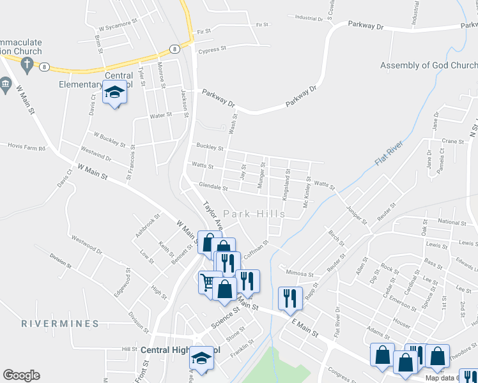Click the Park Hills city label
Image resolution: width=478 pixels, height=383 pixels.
(252, 213)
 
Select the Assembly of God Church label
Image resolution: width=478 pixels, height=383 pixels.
(429, 66)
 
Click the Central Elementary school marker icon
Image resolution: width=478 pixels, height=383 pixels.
(115, 93)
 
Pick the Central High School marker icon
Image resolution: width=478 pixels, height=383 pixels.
(201, 358)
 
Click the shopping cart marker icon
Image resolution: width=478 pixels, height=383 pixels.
(209, 282)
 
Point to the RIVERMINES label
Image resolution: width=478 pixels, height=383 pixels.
(60, 324)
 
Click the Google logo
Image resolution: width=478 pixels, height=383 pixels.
(21, 375)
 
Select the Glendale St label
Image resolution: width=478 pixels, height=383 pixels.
(213, 188)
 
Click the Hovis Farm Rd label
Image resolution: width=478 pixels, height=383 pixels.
(27, 147)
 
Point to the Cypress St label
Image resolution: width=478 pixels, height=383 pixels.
(212, 49)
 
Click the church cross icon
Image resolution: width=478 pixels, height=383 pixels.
(26, 64)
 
